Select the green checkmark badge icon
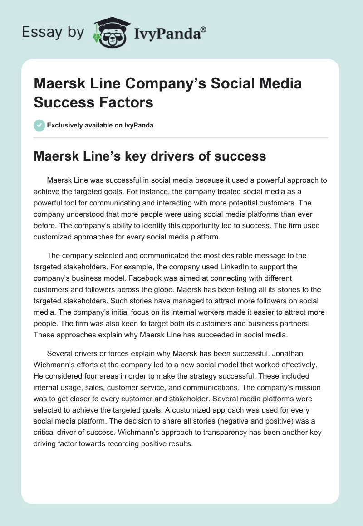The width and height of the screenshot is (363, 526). [x=39, y=125]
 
